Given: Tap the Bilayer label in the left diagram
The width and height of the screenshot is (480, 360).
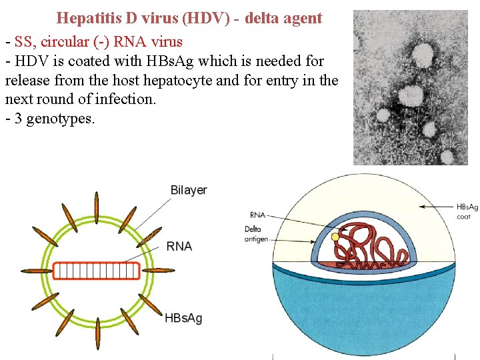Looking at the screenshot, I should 189,190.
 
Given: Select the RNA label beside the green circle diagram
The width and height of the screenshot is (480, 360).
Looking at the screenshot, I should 179,246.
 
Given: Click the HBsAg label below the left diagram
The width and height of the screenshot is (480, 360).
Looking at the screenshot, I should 183,318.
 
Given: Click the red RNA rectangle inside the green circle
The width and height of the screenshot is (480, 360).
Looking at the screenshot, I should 96,270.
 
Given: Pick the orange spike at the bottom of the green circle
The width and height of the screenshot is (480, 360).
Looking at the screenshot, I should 97,333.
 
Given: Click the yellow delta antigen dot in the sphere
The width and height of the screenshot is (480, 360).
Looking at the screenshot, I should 335,237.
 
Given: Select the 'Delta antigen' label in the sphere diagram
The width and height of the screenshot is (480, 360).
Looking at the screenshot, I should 256,234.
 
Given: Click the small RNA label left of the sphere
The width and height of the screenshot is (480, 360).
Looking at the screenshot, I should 257,215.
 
